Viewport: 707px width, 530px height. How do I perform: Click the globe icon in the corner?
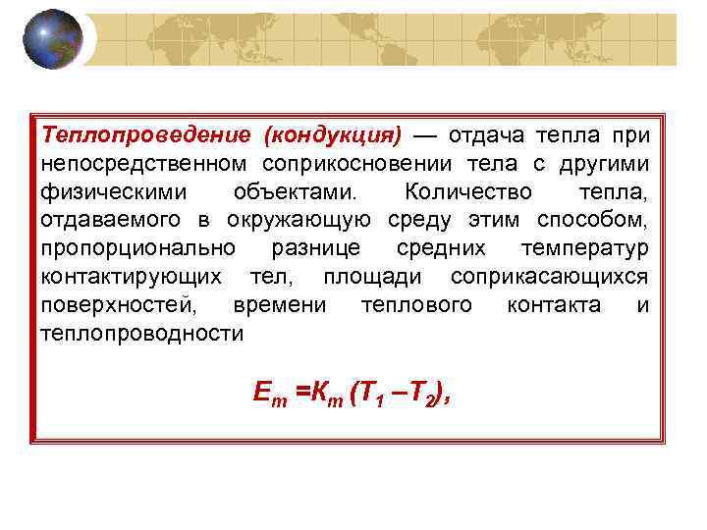point(52,39)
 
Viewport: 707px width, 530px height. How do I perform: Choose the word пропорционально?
point(136,247)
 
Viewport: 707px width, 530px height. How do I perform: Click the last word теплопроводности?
point(141,333)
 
